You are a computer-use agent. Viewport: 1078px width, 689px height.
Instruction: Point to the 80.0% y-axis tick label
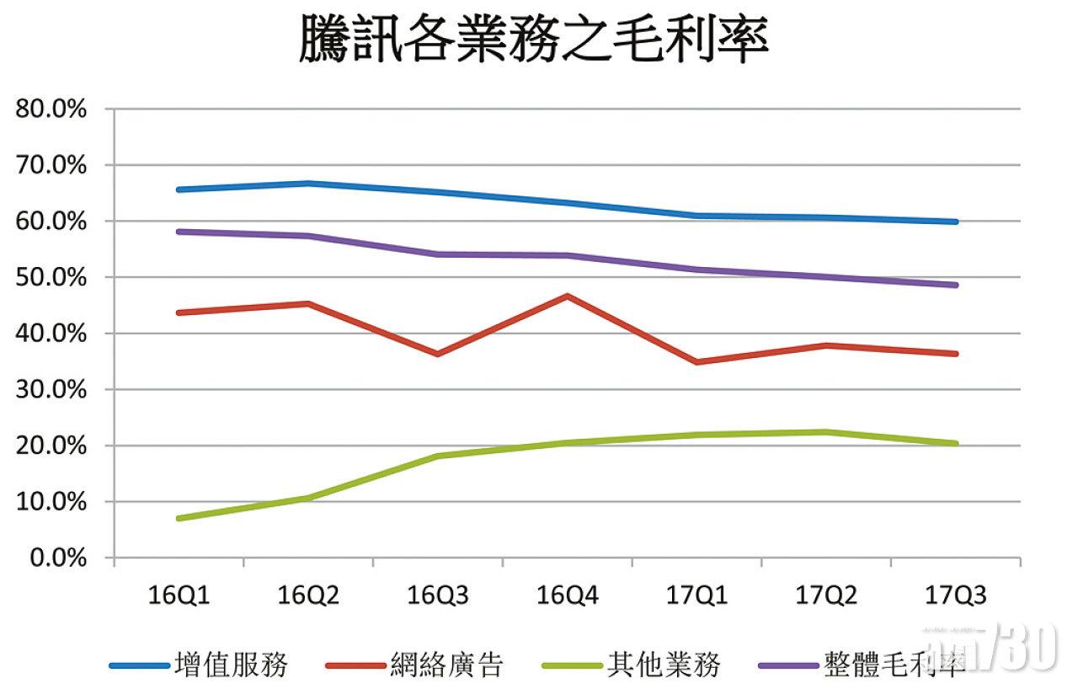(x=49, y=109)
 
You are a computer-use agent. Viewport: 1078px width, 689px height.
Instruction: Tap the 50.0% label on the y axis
(x=49, y=277)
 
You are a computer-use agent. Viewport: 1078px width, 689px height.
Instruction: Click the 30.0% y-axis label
(x=49, y=389)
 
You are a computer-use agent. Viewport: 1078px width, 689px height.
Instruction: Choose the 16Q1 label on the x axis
(x=179, y=596)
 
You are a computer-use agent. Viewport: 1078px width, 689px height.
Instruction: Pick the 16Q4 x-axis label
(x=568, y=596)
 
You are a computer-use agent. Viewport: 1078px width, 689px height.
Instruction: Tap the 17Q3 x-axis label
(x=955, y=596)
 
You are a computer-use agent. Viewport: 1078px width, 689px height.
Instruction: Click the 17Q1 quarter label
(x=696, y=596)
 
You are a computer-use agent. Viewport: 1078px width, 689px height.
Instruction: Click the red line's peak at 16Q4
(x=568, y=296)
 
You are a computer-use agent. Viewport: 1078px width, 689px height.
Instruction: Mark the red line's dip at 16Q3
(x=438, y=354)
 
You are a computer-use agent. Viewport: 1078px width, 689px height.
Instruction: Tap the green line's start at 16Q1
(x=179, y=518)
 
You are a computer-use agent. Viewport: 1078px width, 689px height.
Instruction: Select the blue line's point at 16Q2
(x=308, y=183)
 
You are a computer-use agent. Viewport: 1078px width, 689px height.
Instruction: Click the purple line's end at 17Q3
(x=955, y=285)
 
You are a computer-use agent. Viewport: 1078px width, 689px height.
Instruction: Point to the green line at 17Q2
(x=826, y=432)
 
